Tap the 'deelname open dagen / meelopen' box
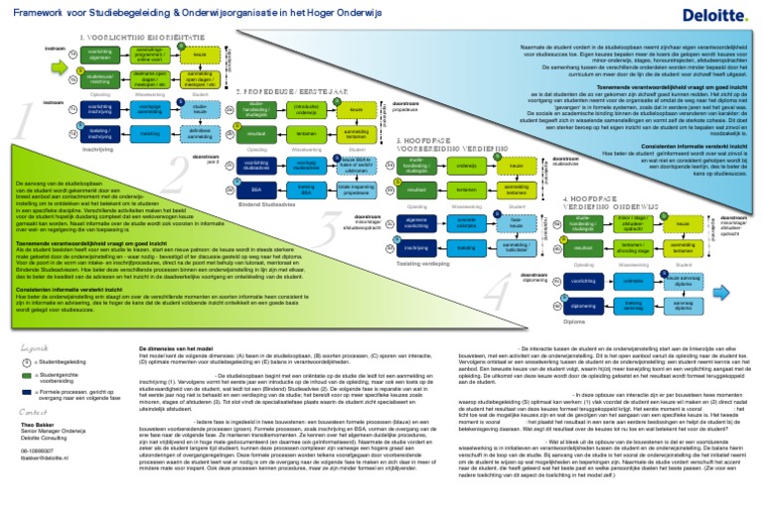(149, 76)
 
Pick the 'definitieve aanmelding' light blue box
(200, 132)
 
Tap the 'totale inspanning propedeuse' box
(355, 188)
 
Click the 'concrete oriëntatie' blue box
(466, 220)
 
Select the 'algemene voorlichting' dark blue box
(417, 220)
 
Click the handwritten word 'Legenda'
(34, 348)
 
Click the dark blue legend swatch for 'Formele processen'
(28, 392)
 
